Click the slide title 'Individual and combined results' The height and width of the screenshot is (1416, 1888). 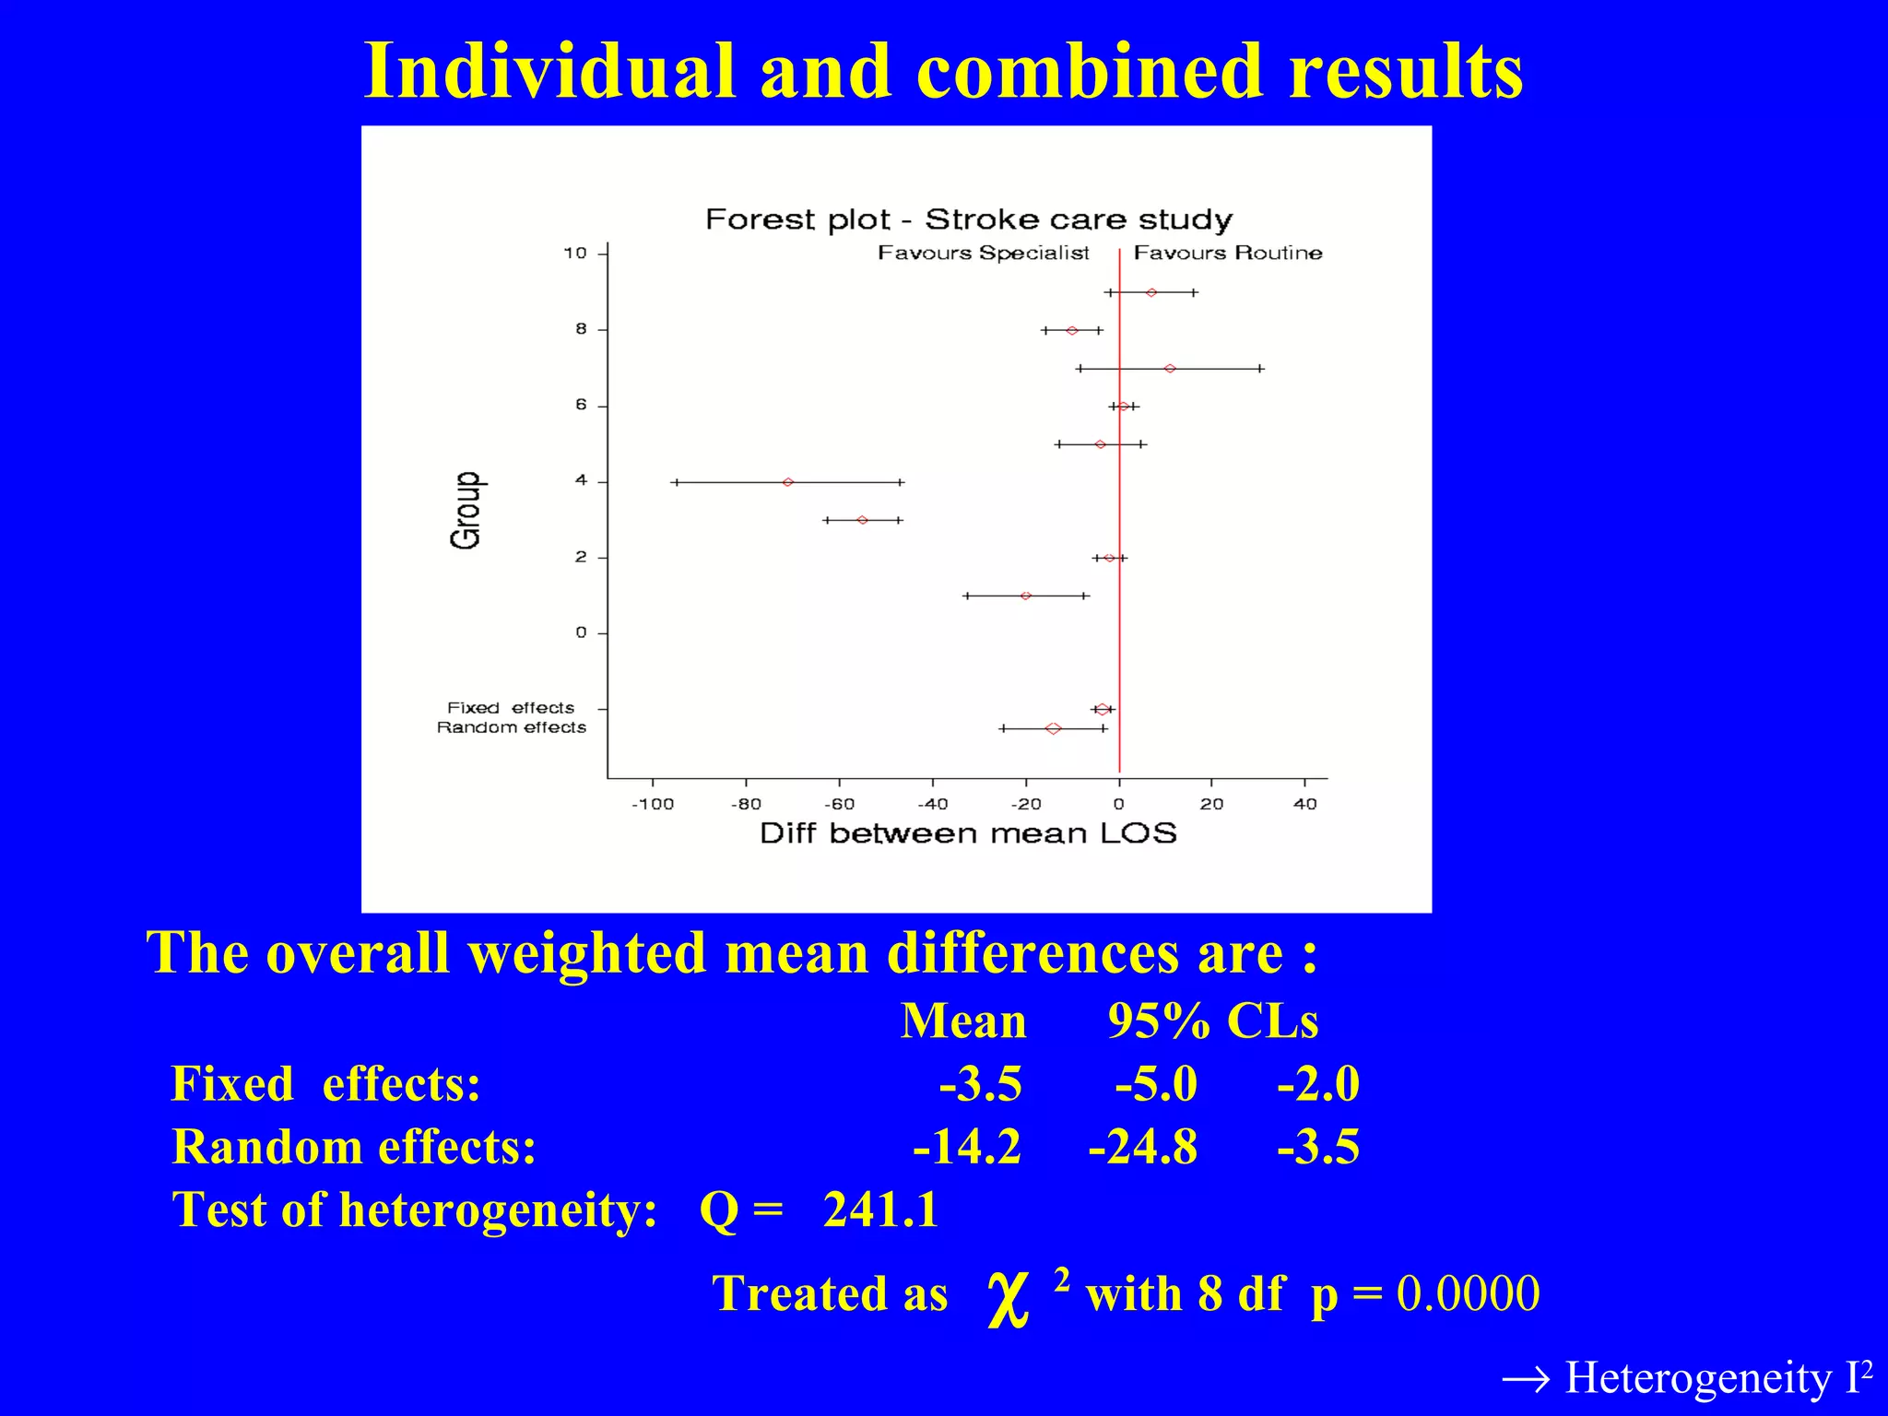[x=943, y=72]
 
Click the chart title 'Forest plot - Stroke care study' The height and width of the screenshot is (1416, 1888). [x=968, y=219]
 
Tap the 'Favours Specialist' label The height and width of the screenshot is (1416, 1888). [x=983, y=253]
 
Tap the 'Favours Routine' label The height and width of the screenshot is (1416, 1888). [x=1227, y=253]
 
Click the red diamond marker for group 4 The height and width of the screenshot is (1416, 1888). [x=787, y=482]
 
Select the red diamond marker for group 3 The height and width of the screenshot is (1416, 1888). [x=862, y=520]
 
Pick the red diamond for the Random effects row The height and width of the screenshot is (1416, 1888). [x=1053, y=728]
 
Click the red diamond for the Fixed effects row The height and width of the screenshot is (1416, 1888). [x=1102, y=709]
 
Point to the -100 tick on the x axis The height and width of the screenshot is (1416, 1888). [x=653, y=804]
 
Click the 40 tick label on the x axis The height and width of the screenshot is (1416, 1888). [x=1304, y=804]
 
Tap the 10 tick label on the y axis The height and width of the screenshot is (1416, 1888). [x=574, y=253]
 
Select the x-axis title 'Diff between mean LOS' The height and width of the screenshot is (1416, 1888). [x=968, y=833]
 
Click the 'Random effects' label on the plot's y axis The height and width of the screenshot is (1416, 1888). [x=511, y=727]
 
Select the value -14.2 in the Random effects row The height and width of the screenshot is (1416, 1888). [x=967, y=1147]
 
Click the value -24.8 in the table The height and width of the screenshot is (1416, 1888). [x=1142, y=1147]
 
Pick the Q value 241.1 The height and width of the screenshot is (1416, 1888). [x=880, y=1209]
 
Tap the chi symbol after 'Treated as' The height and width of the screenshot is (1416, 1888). [x=1007, y=1298]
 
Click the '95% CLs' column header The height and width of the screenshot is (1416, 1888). [x=1212, y=1021]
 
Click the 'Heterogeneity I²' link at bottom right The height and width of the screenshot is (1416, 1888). [x=1687, y=1377]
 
